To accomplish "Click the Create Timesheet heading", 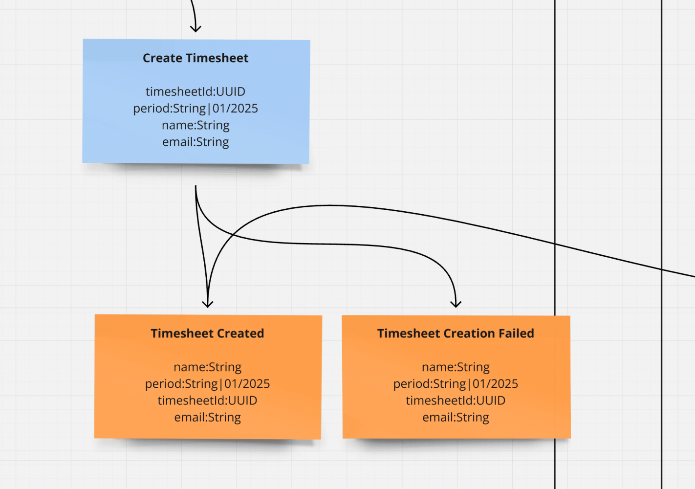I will point(195,58).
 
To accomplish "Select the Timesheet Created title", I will point(207,333).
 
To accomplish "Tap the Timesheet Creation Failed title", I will point(456,333).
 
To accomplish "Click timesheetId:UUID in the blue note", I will point(195,91).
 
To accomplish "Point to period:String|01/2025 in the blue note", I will point(195,108).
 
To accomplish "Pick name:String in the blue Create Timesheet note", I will point(195,125).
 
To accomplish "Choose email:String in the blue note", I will point(195,142).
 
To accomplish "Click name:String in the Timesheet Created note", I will point(207,367).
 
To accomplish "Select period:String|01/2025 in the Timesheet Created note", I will point(207,384).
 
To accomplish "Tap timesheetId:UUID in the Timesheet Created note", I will point(207,400).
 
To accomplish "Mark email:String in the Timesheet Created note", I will point(207,417).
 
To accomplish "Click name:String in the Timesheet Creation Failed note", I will point(456,367).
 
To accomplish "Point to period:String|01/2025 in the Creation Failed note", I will point(456,384).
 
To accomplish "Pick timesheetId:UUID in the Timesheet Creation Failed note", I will point(456,400).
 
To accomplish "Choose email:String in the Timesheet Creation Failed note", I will point(456,417).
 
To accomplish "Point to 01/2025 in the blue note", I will point(235,108).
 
